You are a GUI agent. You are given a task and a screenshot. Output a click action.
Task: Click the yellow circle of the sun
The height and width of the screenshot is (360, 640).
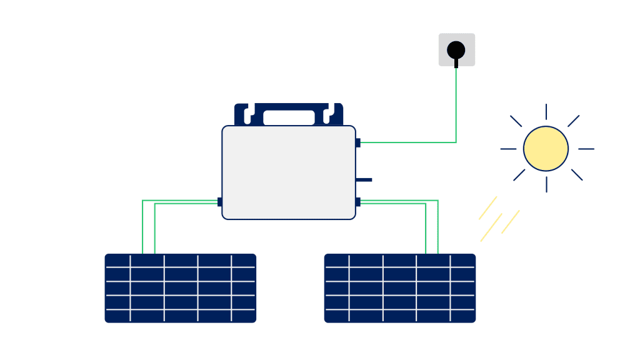click(x=546, y=149)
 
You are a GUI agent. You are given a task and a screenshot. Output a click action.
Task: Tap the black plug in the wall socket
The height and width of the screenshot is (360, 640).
click(x=456, y=50)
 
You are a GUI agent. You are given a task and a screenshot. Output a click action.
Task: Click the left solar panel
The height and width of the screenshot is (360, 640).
click(x=180, y=288)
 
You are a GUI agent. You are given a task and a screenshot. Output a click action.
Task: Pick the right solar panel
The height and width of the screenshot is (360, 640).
click(x=400, y=288)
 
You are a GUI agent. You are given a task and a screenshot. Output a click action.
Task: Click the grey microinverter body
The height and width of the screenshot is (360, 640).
click(x=289, y=172)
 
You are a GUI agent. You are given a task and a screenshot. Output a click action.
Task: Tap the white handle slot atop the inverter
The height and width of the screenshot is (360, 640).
click(x=289, y=117)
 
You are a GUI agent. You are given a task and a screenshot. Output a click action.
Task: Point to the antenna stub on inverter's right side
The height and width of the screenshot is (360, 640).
click(x=364, y=180)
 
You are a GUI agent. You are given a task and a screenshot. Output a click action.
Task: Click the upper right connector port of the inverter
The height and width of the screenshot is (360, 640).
click(x=357, y=142)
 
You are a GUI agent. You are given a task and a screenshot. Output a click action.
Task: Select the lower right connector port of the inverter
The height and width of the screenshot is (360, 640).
click(x=357, y=202)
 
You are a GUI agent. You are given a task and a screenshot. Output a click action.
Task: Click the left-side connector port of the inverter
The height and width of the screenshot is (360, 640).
click(x=220, y=202)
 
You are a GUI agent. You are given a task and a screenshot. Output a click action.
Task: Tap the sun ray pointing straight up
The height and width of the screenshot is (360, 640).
click(x=546, y=112)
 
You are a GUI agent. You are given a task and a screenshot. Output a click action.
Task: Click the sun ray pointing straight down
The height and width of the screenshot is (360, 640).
click(x=546, y=184)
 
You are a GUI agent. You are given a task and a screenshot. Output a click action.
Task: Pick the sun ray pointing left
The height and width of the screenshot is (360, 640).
click(x=509, y=149)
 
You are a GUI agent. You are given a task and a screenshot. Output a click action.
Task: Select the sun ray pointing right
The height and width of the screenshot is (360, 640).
click(x=586, y=149)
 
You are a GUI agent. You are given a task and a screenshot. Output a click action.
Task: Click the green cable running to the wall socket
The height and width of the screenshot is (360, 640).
click(x=456, y=106)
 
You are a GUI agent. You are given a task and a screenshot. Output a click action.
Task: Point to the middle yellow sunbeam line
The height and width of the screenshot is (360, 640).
click(x=491, y=227)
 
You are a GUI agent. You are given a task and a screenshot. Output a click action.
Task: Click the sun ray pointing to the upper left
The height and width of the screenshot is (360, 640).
click(x=516, y=121)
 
